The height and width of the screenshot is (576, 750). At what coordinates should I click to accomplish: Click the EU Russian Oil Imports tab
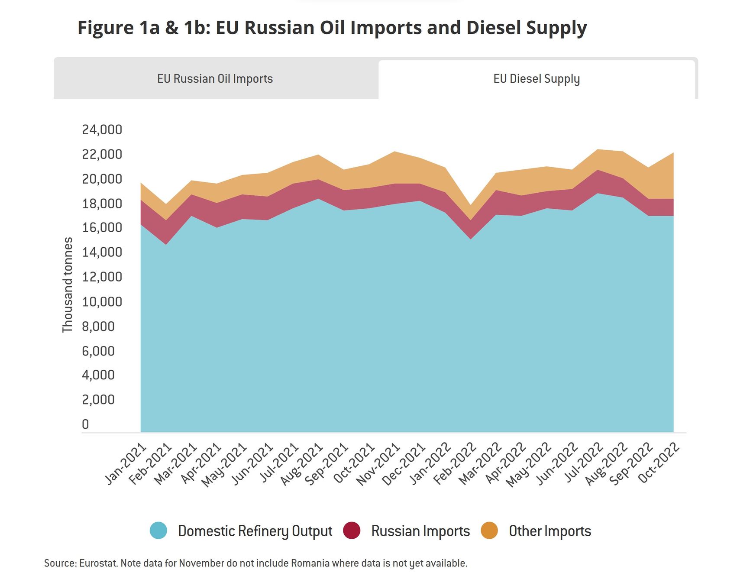pos(215,79)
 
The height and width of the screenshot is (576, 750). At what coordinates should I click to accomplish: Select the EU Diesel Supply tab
pos(536,79)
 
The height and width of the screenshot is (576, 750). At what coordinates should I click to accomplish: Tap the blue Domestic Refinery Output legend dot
pos(158,531)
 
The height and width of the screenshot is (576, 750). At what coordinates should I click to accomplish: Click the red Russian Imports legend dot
pos(352,531)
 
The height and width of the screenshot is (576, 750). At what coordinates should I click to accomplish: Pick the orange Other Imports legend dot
pos(489,531)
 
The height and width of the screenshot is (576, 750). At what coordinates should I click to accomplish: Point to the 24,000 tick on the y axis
pos(102,129)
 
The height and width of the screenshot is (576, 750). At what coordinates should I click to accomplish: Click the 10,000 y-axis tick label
pos(102,301)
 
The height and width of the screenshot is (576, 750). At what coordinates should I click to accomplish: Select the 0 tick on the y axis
pos(85,424)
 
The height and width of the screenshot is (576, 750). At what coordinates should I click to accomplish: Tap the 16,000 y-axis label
pos(102,227)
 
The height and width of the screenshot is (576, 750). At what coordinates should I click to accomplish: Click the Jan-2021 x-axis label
pos(126,463)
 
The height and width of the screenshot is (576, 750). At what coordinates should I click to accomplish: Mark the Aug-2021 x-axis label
pos(302,464)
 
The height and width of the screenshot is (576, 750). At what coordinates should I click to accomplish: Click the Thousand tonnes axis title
pos(68,285)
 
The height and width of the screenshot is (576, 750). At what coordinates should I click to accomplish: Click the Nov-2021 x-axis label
pos(378,464)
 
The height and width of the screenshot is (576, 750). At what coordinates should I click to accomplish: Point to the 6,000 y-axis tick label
pos(98,351)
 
